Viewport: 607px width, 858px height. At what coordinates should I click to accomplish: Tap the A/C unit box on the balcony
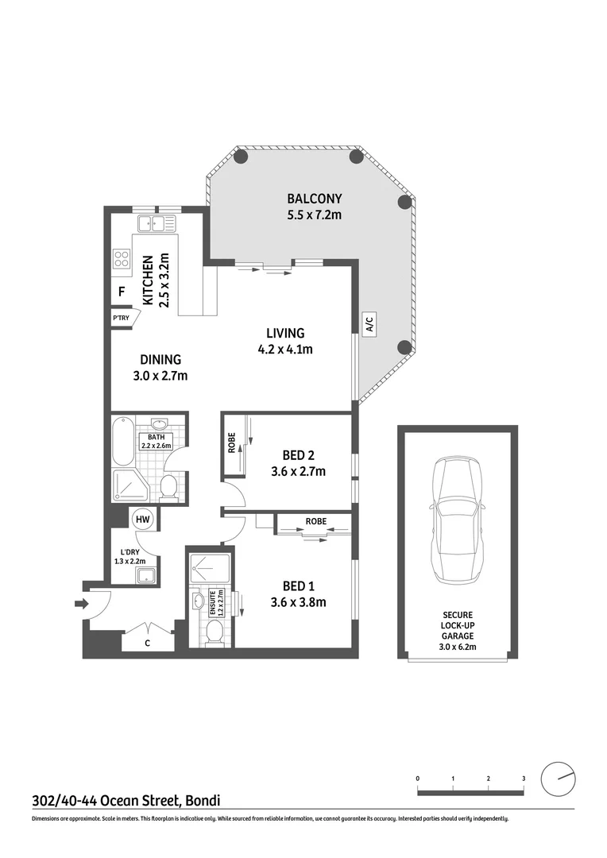369,323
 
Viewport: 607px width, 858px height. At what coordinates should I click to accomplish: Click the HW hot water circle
143,520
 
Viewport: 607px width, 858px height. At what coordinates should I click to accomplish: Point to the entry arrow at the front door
79,605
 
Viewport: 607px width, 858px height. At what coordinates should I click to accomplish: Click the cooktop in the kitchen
122,258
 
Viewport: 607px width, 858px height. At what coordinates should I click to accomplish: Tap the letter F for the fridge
122,292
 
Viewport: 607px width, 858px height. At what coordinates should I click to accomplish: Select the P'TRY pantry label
122,319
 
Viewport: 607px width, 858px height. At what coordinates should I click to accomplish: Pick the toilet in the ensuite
212,632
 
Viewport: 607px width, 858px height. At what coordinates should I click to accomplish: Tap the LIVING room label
284,333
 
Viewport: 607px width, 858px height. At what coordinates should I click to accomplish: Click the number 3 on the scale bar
524,778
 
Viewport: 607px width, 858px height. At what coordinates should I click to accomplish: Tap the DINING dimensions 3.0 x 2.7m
161,376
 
